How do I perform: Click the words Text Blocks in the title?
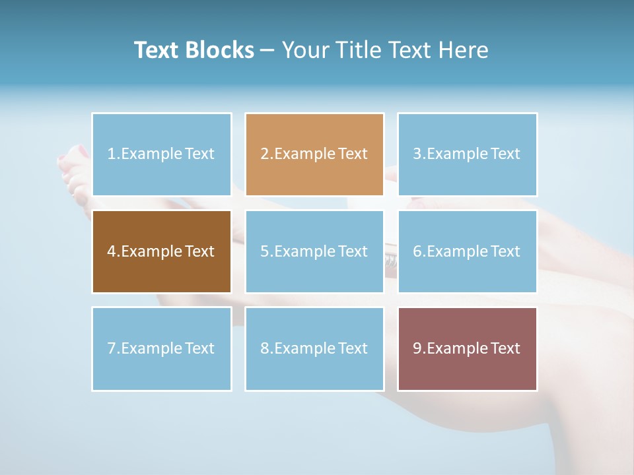194,50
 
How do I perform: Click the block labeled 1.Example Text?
162,154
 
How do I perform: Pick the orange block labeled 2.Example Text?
314,154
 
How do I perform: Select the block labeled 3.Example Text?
467,154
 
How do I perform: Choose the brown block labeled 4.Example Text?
162,251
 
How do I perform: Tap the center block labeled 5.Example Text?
314,251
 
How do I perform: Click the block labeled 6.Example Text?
467,251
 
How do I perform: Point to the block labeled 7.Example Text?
162,348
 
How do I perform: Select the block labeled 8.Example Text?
314,348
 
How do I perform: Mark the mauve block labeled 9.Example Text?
467,348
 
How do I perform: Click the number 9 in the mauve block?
417,348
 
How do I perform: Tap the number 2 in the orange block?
264,154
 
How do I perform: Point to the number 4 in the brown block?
112,251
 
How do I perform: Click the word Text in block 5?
353,251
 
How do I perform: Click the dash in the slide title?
267,51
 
